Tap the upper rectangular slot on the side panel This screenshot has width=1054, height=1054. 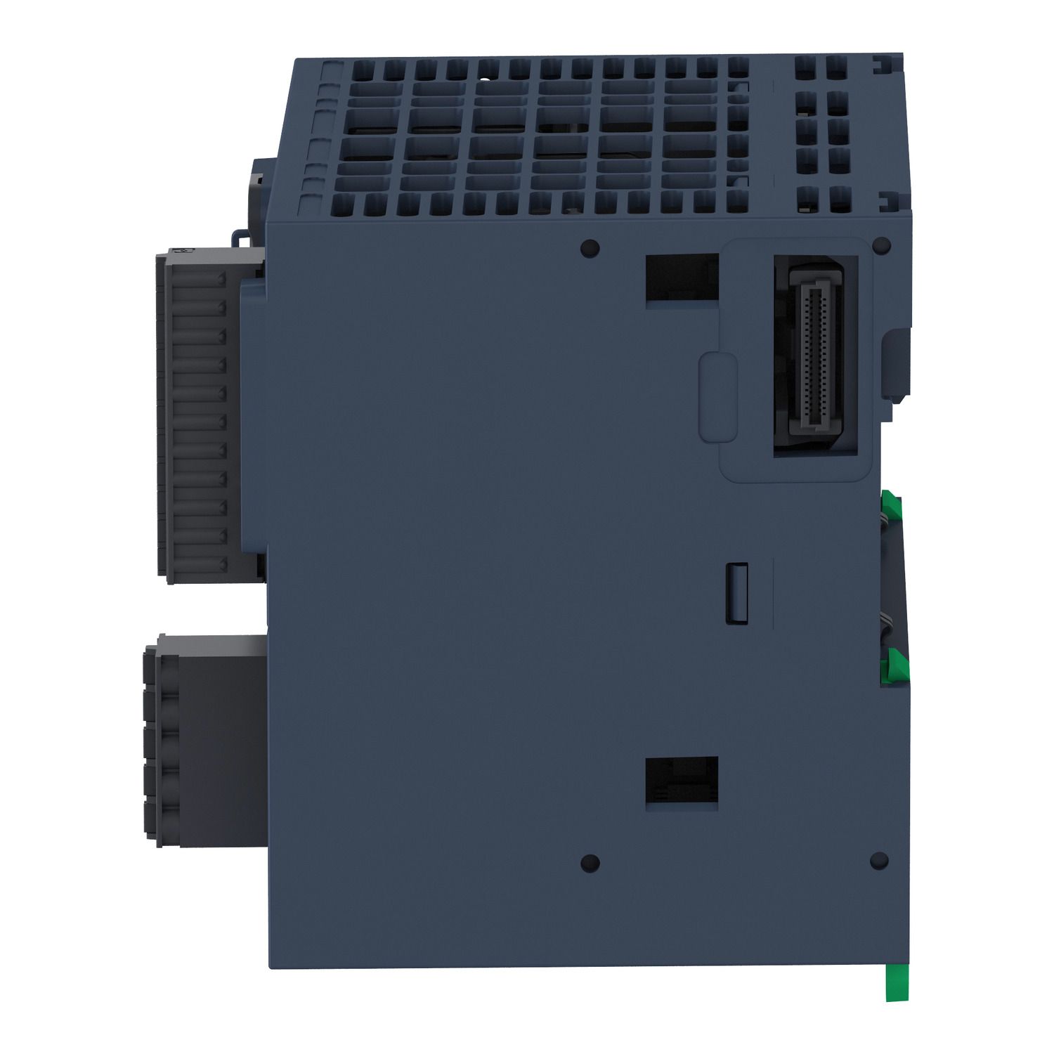click(x=682, y=278)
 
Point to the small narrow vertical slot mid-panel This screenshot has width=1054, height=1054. click(x=736, y=592)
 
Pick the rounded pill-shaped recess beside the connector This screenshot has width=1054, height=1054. click(x=718, y=398)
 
